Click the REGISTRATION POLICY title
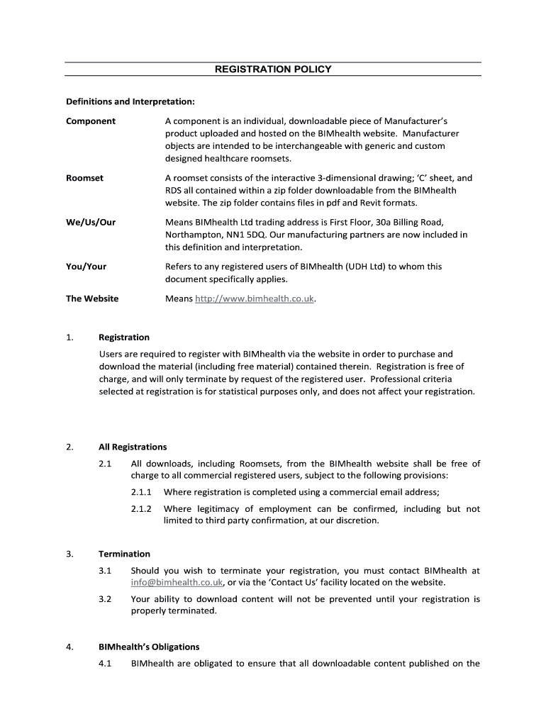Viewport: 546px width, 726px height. (x=273, y=69)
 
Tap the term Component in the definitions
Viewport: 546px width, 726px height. (x=91, y=121)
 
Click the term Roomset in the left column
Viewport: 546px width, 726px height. (x=84, y=178)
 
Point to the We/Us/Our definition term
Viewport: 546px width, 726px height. (x=91, y=222)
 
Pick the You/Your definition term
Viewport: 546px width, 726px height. (x=86, y=267)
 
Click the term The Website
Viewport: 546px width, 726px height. (x=92, y=298)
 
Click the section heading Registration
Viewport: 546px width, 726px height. (x=124, y=337)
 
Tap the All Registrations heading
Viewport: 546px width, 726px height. (x=133, y=447)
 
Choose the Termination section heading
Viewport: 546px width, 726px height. (x=124, y=554)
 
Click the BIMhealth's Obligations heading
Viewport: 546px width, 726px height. (x=149, y=647)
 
